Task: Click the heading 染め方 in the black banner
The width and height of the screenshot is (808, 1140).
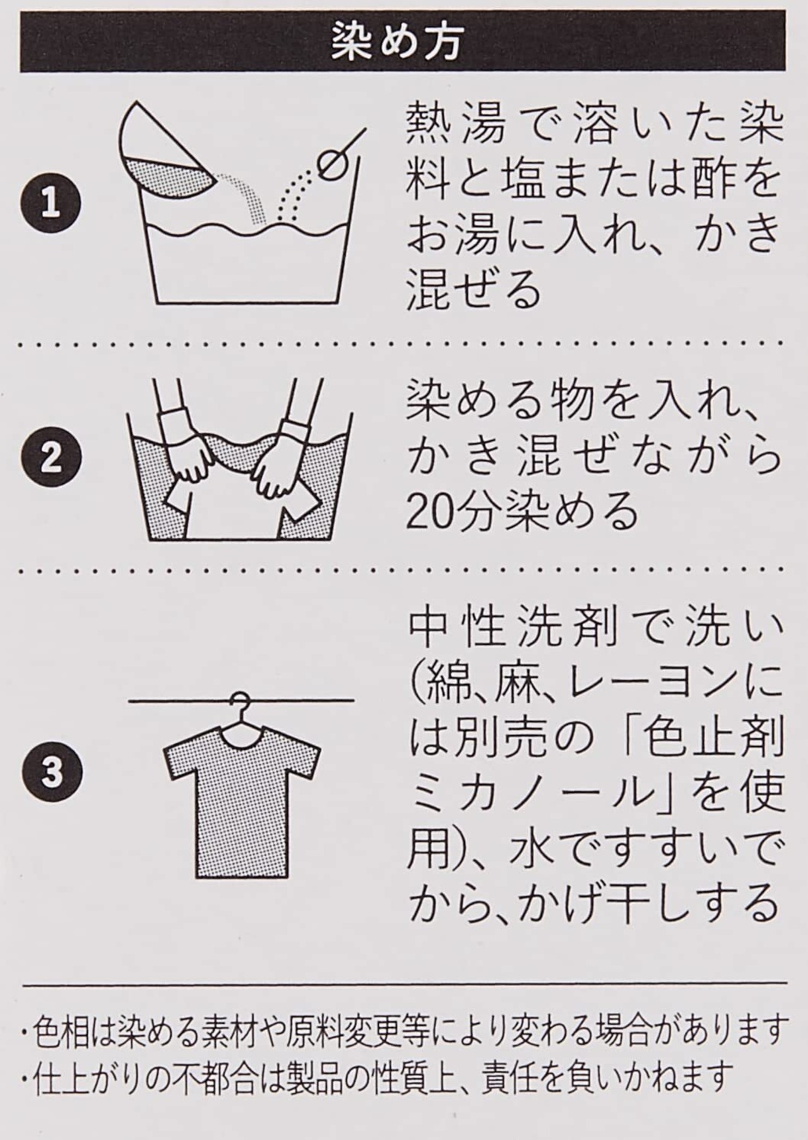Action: coord(398,44)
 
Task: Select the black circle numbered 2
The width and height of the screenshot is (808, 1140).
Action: coord(51,458)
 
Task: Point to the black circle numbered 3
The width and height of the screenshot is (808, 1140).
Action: coord(51,772)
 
